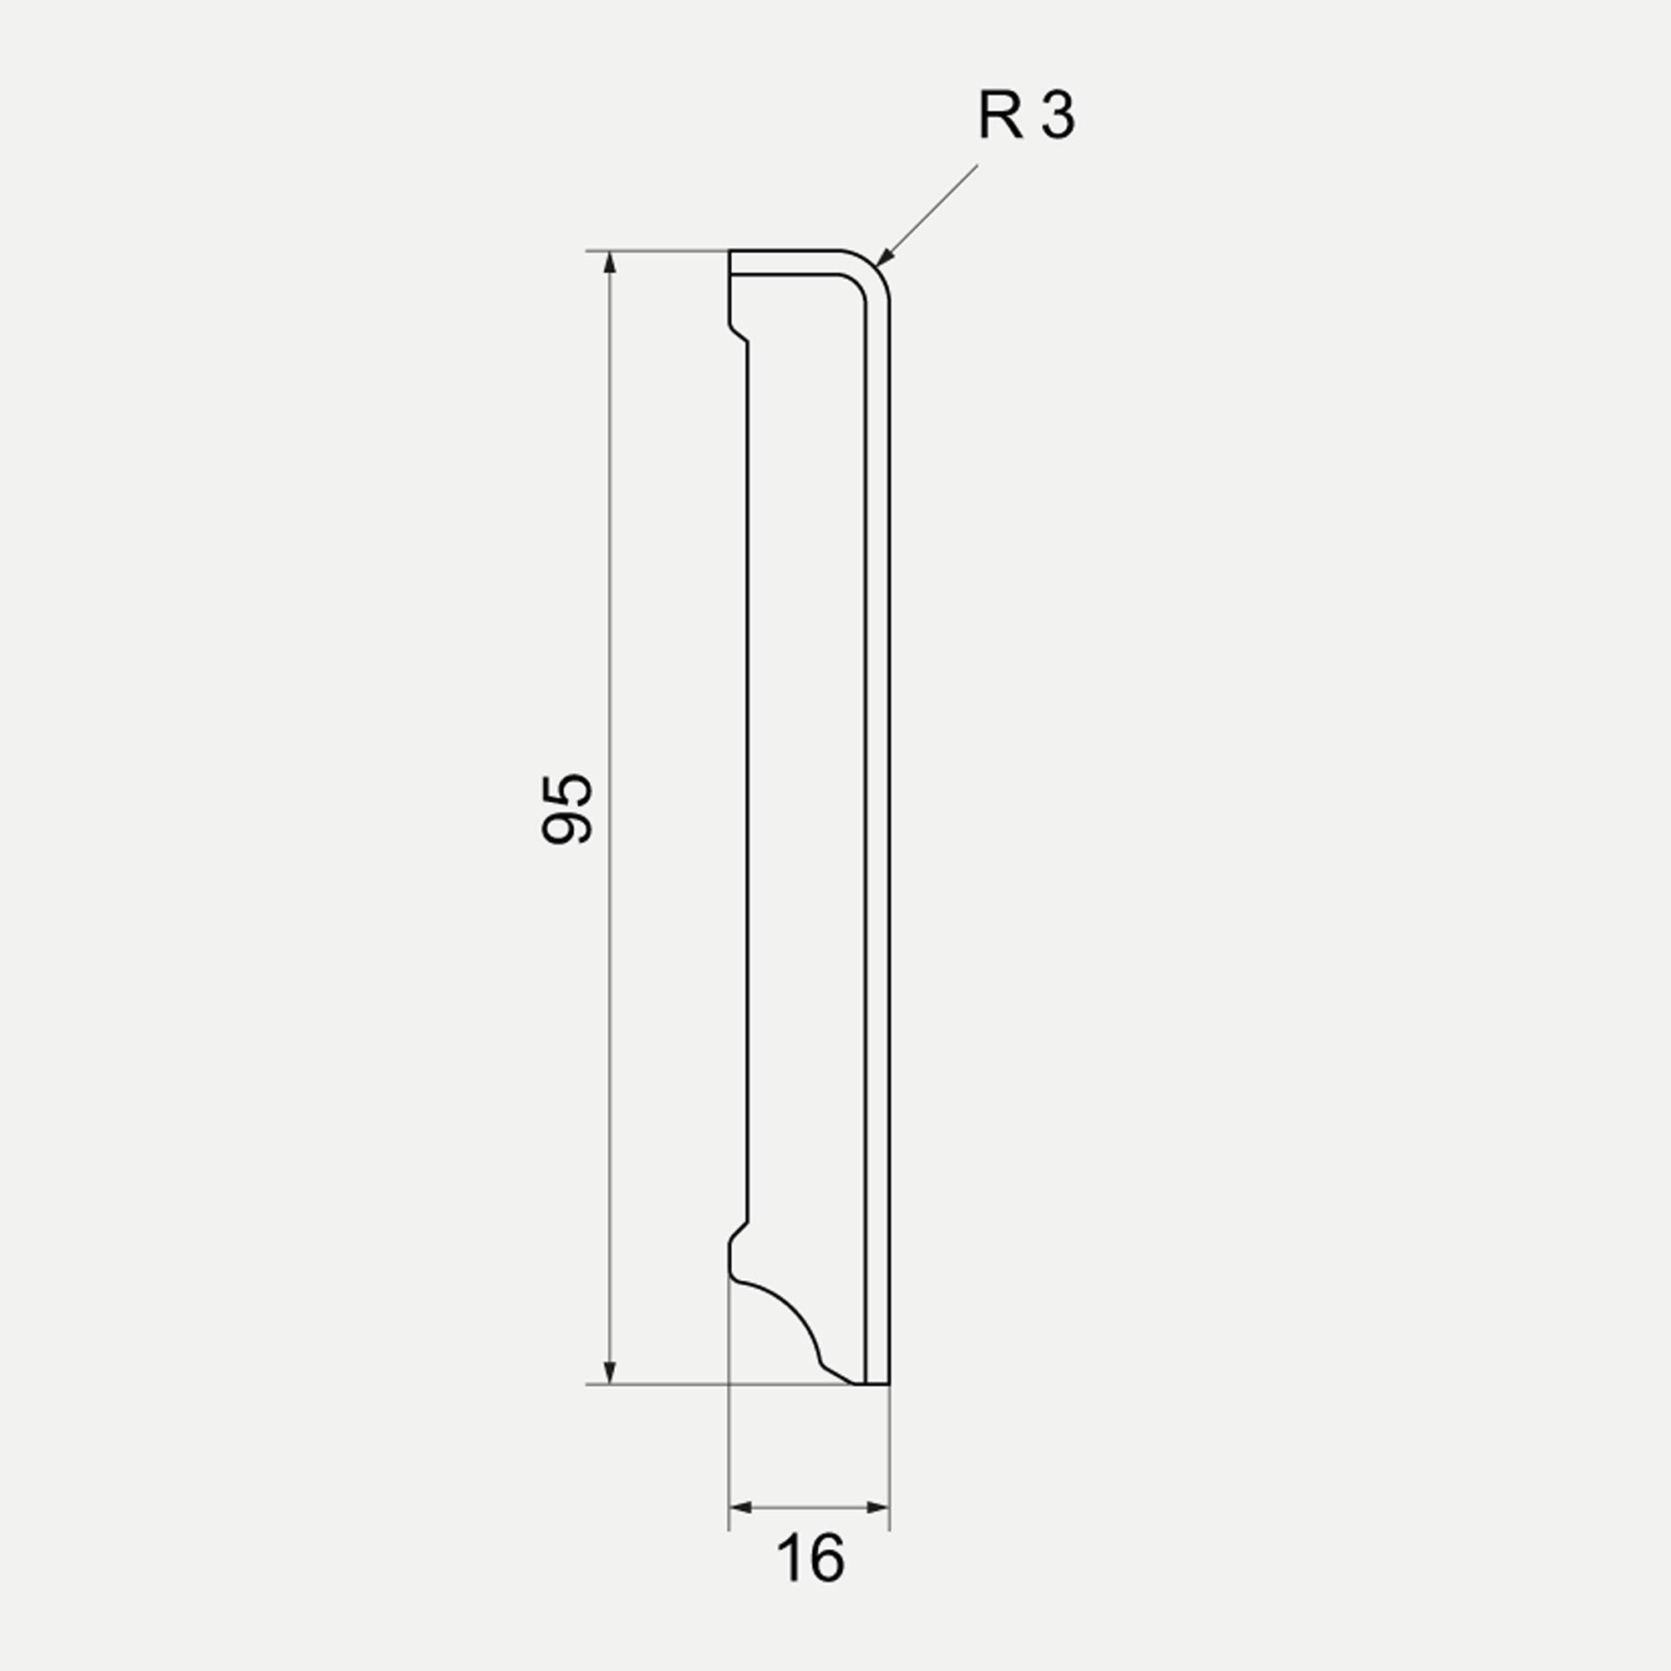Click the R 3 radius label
pos(1027,116)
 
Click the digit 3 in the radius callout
pos(1058,116)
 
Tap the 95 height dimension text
pos(567,808)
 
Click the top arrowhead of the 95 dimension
pos(610,262)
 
